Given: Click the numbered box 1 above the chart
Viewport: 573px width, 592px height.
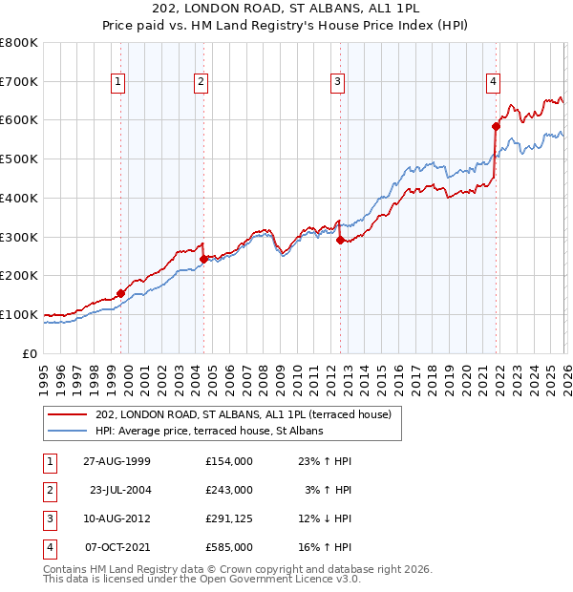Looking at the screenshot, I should tap(117, 83).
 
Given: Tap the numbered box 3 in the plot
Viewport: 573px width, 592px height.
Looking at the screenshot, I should tap(338, 83).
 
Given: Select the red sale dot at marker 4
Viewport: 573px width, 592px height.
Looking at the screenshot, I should tap(496, 126).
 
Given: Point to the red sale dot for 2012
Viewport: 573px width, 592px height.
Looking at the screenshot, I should tap(340, 241).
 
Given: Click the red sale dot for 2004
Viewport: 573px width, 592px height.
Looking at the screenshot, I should tap(203, 259).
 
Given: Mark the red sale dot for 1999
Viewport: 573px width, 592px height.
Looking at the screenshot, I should tap(120, 293).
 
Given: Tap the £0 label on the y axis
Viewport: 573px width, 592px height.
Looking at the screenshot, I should tap(29, 353).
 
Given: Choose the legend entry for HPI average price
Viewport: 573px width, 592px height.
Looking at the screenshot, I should tap(209, 432).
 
